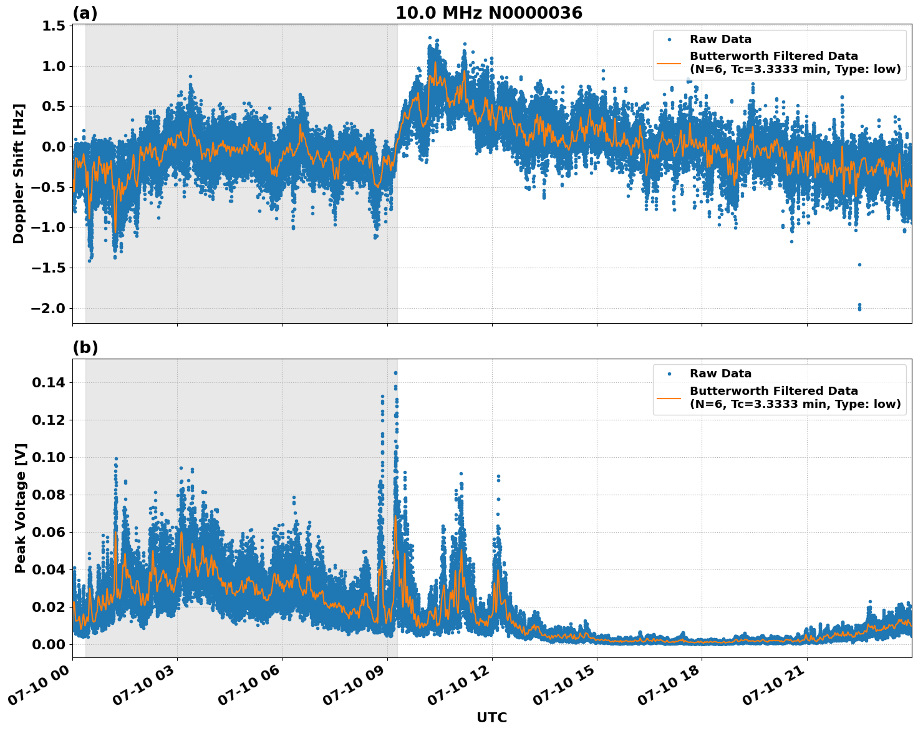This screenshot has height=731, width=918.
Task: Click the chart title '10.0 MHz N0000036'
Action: [489, 13]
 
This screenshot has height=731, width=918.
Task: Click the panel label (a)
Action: [85, 13]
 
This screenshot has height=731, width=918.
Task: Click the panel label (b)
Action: [85, 347]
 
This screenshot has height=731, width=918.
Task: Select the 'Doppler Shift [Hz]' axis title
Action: [19, 173]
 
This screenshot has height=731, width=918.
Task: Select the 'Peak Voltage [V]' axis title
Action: [21, 508]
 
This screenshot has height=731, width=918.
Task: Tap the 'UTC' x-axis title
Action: [491, 717]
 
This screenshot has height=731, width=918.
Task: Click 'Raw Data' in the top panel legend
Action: [720, 39]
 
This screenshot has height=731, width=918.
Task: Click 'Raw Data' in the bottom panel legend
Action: [720, 374]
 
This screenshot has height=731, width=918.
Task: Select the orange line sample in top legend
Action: [669, 62]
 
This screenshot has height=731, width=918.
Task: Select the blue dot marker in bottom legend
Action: [669, 374]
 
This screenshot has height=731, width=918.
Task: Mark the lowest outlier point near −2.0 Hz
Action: [859, 309]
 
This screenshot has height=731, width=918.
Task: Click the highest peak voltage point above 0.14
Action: [395, 373]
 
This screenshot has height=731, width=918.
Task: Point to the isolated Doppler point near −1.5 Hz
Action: [859, 264]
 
